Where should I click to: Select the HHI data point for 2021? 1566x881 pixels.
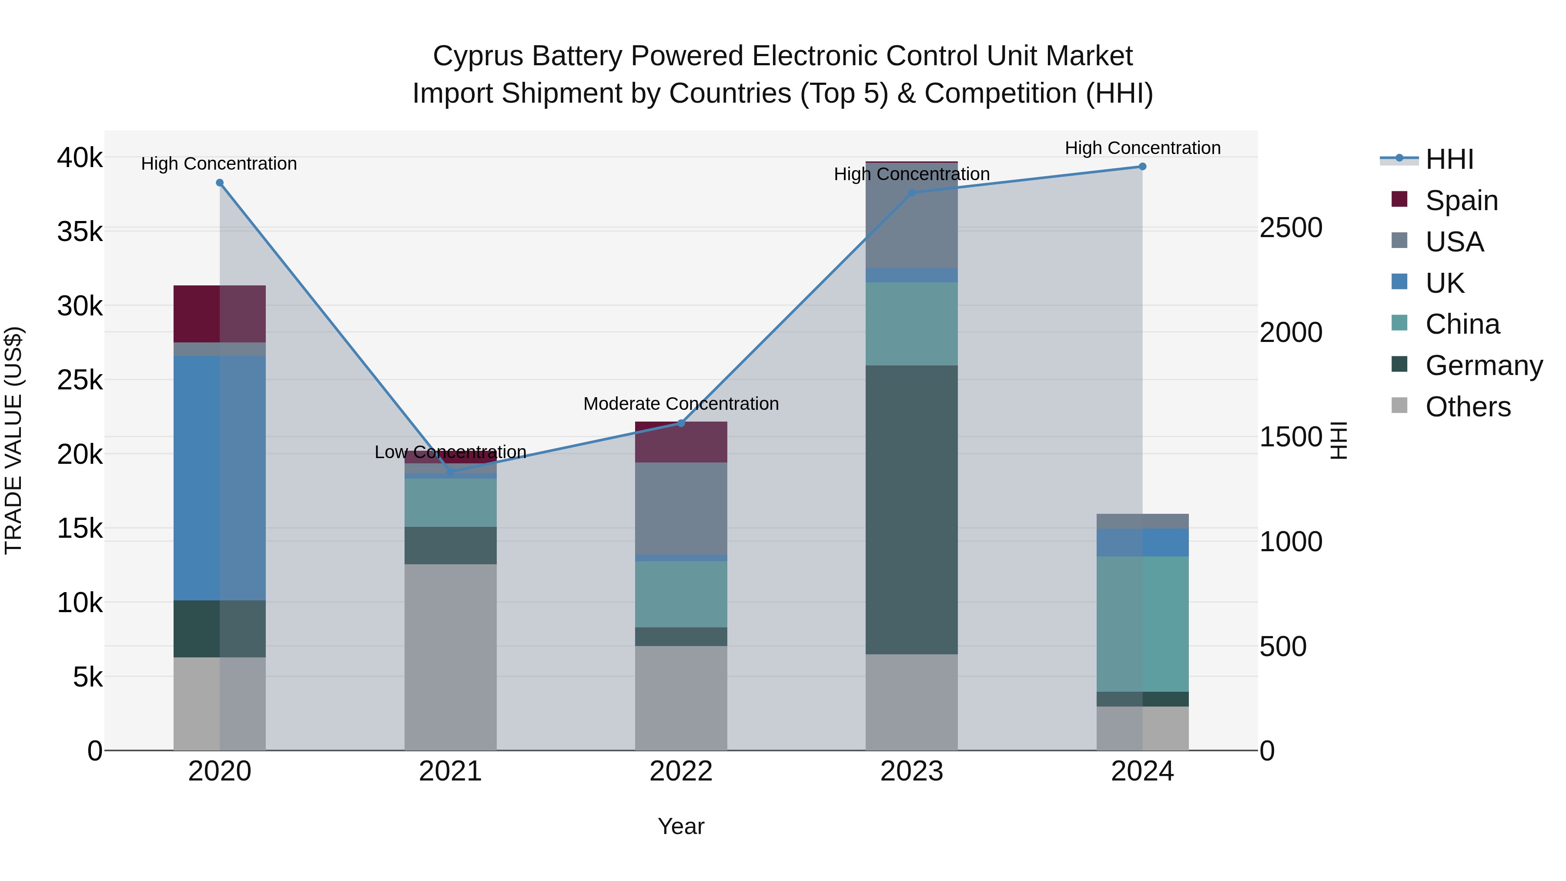pos(451,471)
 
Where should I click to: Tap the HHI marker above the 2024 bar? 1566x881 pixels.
pos(1142,167)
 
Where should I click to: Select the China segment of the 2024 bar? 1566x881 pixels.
pos(1142,624)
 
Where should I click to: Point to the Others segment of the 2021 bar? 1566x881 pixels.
pos(451,657)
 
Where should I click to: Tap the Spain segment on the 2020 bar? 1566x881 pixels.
pos(220,314)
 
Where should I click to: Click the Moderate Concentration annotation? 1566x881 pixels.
pos(681,404)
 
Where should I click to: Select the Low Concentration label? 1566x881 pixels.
pos(451,452)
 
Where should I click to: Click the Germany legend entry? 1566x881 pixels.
pos(1483,365)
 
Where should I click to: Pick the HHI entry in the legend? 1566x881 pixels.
pos(1449,159)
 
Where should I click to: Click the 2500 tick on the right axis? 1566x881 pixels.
pos(1290,228)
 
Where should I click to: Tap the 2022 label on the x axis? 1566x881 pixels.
pos(681,771)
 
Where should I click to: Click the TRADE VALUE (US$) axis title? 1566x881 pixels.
pos(13,440)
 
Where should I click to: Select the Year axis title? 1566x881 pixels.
pos(681,826)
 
